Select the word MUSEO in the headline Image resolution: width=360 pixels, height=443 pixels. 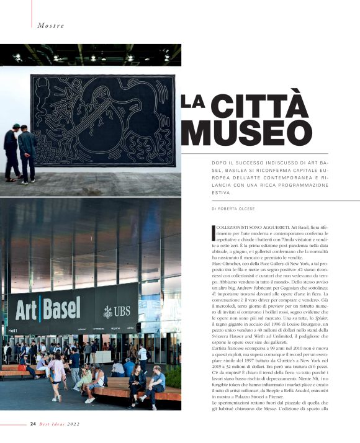(246, 133)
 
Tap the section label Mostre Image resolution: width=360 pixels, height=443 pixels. (51, 25)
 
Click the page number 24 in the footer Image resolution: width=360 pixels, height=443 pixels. (33, 424)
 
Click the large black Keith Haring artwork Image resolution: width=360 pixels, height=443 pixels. (102, 120)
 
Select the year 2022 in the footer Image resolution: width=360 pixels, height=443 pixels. (73, 424)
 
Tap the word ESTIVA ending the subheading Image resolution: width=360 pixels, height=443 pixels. (220, 193)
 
